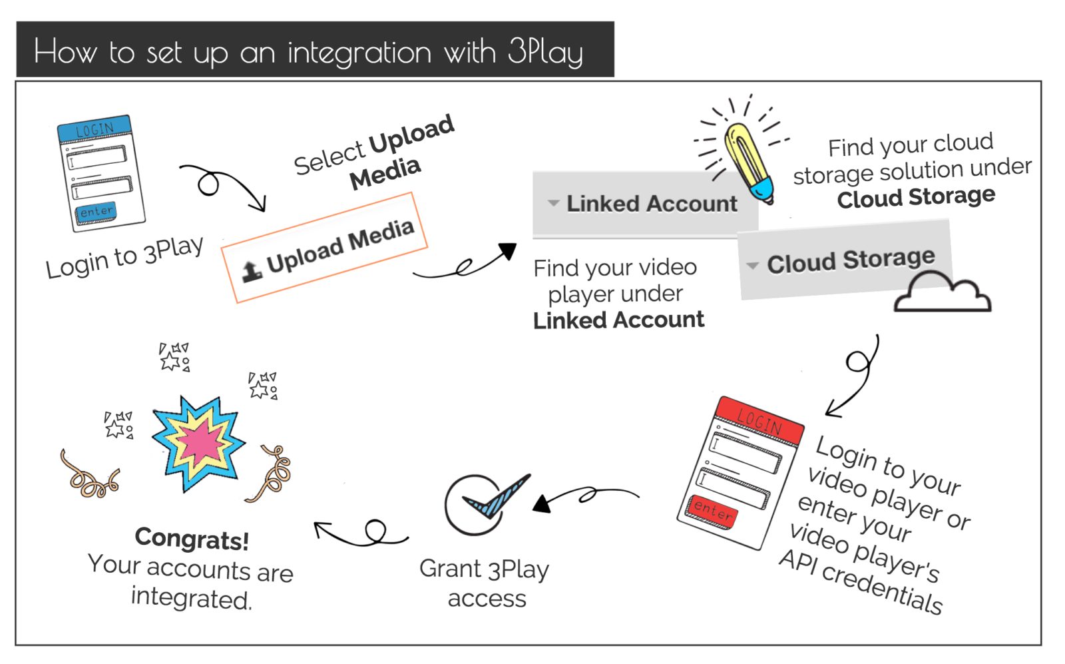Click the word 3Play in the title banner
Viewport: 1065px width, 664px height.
tap(545, 52)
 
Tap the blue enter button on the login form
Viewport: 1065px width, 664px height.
tap(96, 212)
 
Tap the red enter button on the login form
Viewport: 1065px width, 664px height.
tap(712, 511)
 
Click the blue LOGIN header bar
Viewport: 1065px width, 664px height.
tap(95, 129)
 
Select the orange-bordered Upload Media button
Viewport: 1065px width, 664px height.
tap(324, 248)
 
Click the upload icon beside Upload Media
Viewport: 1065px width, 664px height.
tap(252, 271)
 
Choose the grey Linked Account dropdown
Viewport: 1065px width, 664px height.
tap(644, 203)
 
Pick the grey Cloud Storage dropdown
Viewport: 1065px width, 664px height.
tap(844, 260)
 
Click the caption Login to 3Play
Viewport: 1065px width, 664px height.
tap(124, 258)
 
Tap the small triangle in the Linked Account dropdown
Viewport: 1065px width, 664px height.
tap(553, 203)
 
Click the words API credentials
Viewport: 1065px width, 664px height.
tap(861, 581)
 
